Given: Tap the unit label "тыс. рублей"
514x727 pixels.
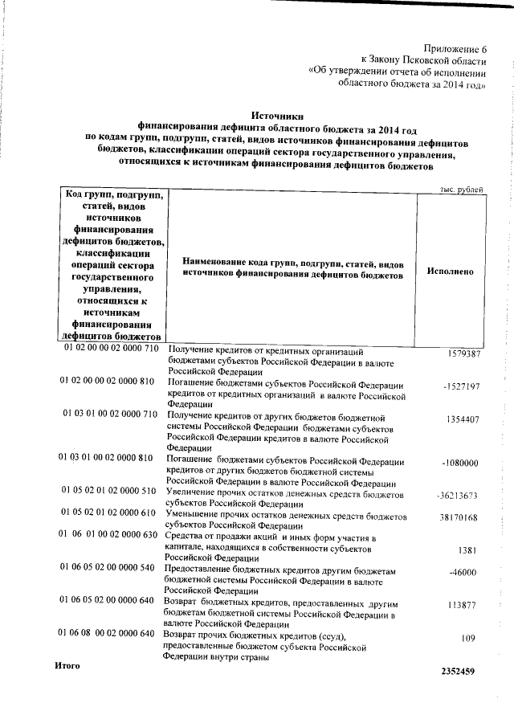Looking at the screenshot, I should click(x=460, y=189).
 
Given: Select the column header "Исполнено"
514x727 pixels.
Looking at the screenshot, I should click(x=451, y=272).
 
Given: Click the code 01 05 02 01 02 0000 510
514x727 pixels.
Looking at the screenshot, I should click(x=109, y=489).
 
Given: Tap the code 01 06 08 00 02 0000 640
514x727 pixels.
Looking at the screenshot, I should click(x=106, y=634).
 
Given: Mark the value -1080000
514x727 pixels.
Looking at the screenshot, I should click(x=460, y=464).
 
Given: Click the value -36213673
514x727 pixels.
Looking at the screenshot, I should click(x=457, y=496).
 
